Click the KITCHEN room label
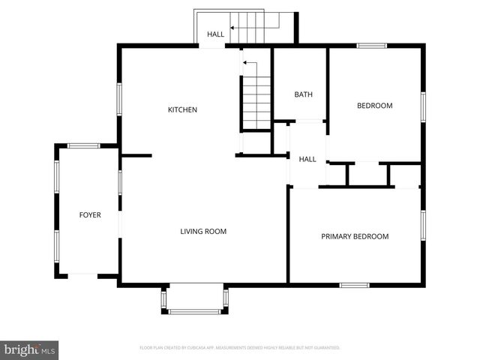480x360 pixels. (182, 110)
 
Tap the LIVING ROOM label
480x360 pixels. (203, 232)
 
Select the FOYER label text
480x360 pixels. (90, 215)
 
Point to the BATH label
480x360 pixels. (303, 94)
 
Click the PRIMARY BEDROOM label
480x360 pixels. (355, 237)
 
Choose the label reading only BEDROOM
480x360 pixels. (373, 106)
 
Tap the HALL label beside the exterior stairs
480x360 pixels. (216, 34)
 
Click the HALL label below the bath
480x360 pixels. (307, 159)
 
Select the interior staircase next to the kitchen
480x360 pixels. (256, 101)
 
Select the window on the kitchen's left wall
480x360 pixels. (119, 99)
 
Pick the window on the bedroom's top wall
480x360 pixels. (371, 46)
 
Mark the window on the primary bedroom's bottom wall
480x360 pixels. (354, 285)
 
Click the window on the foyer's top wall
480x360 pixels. (83, 145)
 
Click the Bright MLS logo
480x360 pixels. (30, 349)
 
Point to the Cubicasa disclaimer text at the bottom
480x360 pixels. (240, 348)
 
